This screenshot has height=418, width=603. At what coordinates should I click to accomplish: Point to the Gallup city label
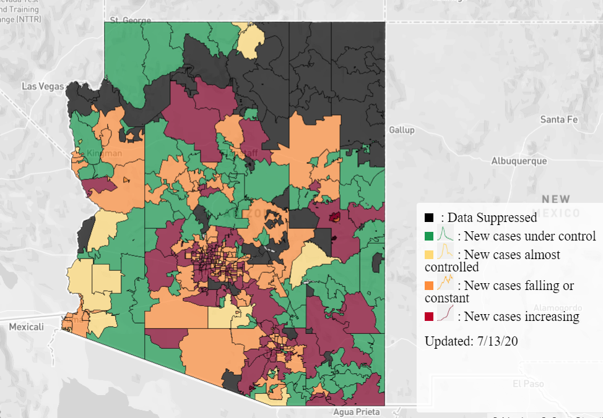pyautogui.click(x=402, y=130)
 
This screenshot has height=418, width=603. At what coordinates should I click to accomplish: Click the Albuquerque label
pyautogui.click(x=519, y=161)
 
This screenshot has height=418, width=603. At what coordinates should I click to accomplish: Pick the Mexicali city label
pyautogui.click(x=26, y=327)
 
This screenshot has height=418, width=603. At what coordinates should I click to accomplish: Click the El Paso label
pyautogui.click(x=528, y=383)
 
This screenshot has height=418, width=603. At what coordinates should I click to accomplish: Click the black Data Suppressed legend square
pyautogui.click(x=429, y=218)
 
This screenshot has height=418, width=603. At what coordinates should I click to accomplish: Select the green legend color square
pyautogui.click(x=429, y=236)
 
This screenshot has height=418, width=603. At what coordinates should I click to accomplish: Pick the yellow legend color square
pyautogui.click(x=429, y=254)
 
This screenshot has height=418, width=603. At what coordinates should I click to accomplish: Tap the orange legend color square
pyautogui.click(x=429, y=286)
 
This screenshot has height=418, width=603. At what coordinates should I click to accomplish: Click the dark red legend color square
pyautogui.click(x=429, y=317)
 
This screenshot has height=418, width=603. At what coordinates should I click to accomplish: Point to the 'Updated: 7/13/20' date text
pyautogui.click(x=471, y=341)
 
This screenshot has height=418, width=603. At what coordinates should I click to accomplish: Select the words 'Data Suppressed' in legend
pyautogui.click(x=492, y=218)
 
